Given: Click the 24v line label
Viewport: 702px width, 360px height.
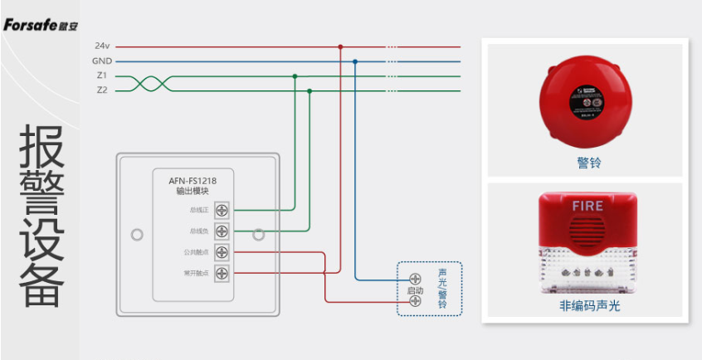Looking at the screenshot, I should pos(102,46).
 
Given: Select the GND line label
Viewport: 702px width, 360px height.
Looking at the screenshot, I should pos(102,61).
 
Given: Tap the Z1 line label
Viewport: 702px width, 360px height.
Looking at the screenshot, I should pos(101,75).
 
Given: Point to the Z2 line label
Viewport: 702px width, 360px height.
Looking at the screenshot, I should pos(101,90).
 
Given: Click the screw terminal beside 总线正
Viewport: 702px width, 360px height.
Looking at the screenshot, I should pos(222,209).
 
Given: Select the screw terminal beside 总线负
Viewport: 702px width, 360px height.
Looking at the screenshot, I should pos(222,231).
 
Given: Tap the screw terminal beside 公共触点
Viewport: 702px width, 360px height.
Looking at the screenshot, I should pos(222,251).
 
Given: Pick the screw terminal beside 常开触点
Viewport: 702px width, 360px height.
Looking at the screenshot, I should pos(222,273).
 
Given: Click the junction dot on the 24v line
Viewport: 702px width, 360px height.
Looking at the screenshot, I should pos(340,46).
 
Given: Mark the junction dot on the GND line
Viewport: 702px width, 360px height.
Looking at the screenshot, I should pos(355,61).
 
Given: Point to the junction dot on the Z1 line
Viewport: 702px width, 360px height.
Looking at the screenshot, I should pos(295,75).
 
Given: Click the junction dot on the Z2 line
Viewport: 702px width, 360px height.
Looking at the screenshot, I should pos(310,90).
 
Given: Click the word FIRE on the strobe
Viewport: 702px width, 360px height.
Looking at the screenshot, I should pos(587,205).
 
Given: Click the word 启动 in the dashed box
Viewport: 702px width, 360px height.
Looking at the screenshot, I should pos(415,291).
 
